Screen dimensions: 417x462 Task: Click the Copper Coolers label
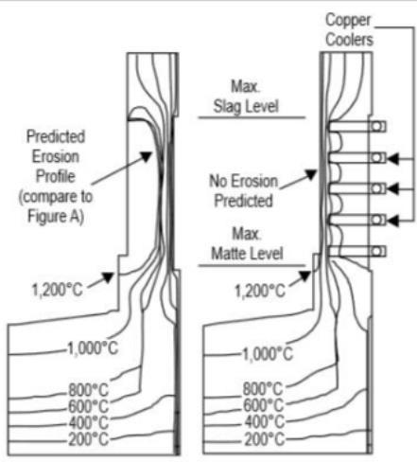tap(349, 29)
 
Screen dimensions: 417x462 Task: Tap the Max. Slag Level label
tap(246, 97)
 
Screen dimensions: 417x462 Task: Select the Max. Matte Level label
tap(247, 243)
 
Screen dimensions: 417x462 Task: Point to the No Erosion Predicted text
tap(244, 191)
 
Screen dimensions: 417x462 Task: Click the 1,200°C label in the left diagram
tap(58, 290)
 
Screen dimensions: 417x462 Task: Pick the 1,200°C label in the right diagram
tap(260, 291)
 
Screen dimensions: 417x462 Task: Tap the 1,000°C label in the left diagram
tap(93, 348)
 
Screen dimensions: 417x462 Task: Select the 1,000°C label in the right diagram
tap(268, 354)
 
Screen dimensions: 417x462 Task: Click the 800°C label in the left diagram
tap(89, 390)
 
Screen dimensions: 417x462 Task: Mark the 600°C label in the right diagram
tap(264, 405)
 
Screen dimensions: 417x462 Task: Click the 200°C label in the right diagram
tap(265, 439)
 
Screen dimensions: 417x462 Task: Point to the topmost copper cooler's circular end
tap(376, 127)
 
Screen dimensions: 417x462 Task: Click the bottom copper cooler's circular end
tap(376, 251)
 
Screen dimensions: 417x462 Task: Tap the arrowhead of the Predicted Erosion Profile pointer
tap(147, 156)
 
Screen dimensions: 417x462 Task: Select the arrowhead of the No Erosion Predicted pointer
tap(311, 174)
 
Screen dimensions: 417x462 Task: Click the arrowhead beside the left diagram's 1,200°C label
tap(108, 277)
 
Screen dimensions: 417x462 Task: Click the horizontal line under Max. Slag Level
tap(252, 117)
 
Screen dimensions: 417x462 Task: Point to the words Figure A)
tap(56, 217)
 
